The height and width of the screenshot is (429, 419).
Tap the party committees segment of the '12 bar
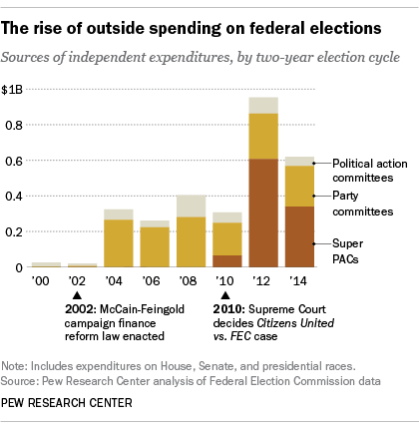coord(263,136)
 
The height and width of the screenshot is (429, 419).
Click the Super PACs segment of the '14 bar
coord(299,236)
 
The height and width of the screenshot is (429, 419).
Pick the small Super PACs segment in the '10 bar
coord(227,261)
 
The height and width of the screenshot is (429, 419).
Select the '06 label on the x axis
coord(154,283)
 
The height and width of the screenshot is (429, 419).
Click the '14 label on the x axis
coord(299,283)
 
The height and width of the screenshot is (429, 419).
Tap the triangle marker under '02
coord(82,296)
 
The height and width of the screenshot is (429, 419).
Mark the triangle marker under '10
coord(226,296)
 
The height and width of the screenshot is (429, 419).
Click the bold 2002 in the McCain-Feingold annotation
coord(80,310)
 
